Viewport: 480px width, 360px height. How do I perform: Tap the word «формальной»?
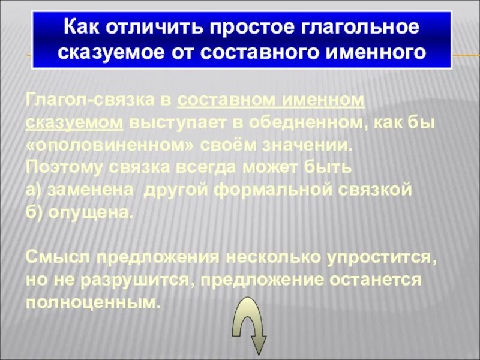(x=281, y=190)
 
